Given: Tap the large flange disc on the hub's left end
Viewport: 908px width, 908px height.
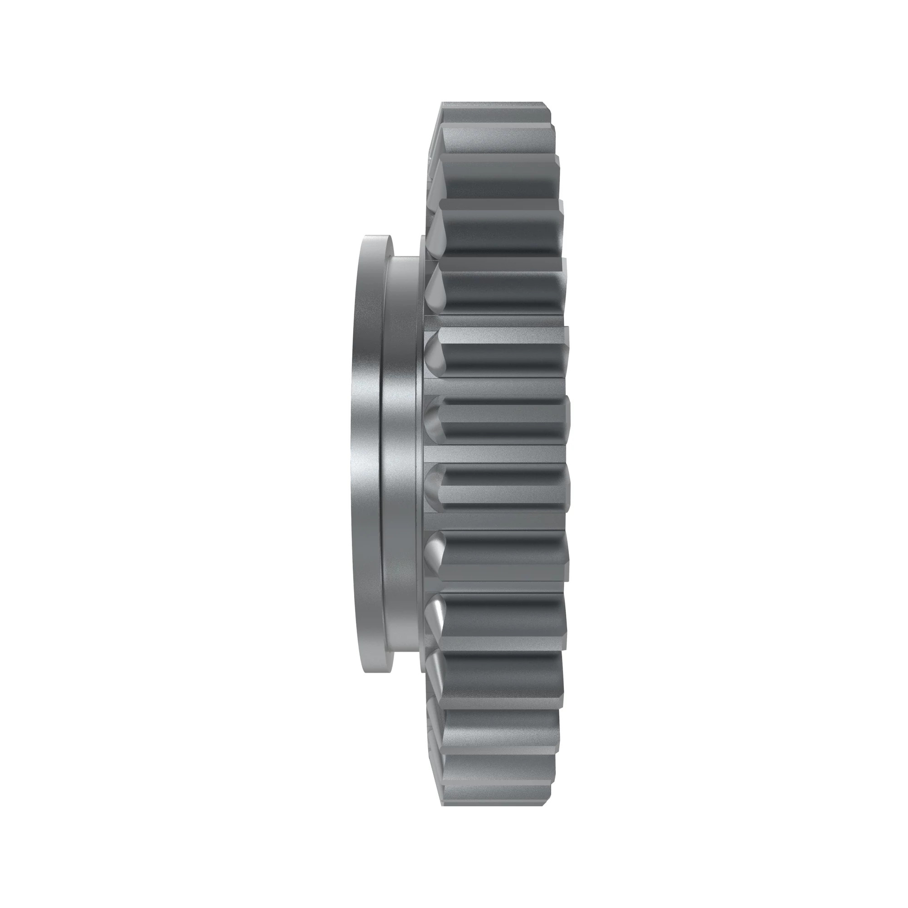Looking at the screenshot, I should [x=364, y=454].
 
